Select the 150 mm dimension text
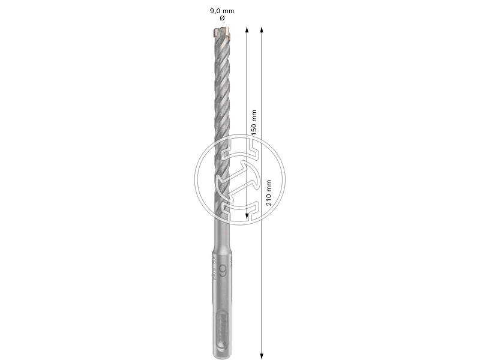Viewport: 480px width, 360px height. [254, 122]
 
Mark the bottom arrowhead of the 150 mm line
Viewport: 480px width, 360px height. [247, 217]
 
